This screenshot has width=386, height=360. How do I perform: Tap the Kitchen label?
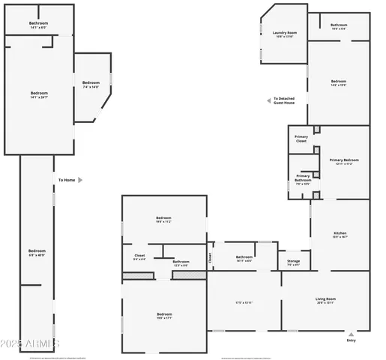[339, 233]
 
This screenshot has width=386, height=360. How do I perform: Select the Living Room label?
[325, 299]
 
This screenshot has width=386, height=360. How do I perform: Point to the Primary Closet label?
[301, 139]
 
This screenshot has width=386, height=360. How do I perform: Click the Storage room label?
[293, 262]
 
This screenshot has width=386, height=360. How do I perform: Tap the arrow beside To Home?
[80, 180]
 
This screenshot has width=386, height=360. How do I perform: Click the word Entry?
[351, 341]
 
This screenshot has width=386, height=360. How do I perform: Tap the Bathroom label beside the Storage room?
[244, 257]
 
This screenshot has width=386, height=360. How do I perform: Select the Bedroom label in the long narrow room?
[37, 251]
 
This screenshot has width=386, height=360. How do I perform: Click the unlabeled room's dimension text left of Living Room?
[244, 303]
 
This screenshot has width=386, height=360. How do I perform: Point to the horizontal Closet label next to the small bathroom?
[139, 256]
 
